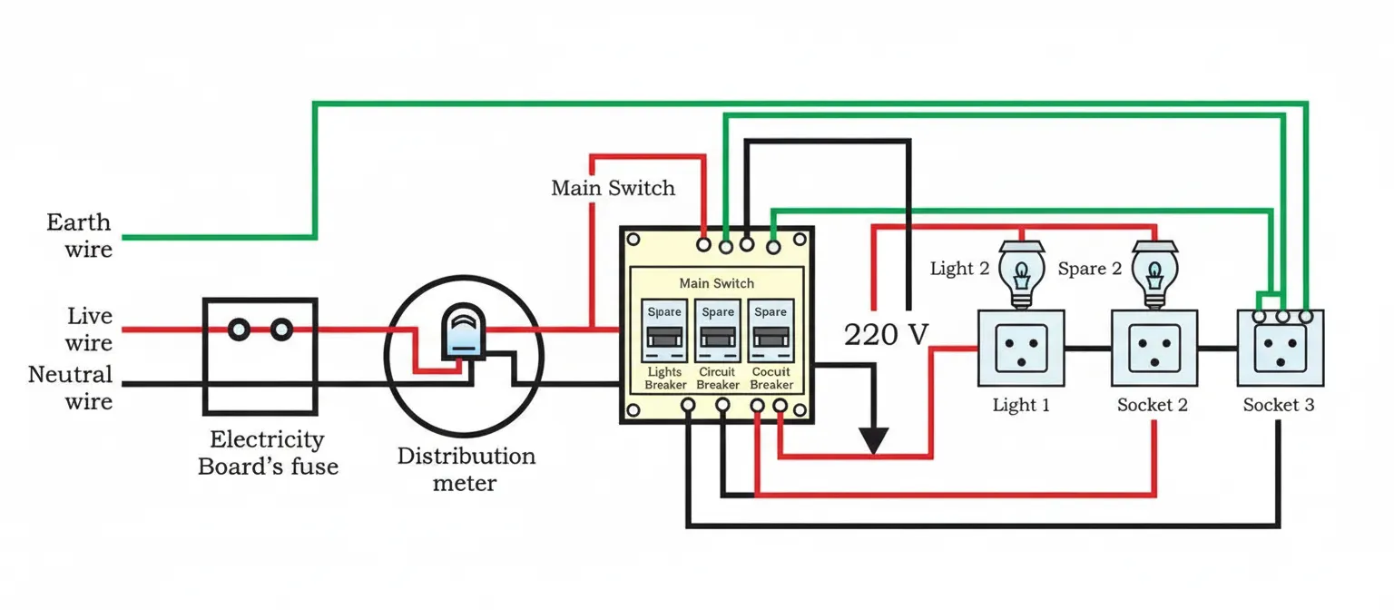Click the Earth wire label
pyautogui.click(x=79, y=235)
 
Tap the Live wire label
pyautogui.click(x=89, y=330)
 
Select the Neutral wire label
pyautogui.click(x=71, y=388)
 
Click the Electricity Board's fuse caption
pyautogui.click(x=268, y=453)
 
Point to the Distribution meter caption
pyautogui.click(x=466, y=468)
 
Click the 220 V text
pyautogui.click(x=887, y=335)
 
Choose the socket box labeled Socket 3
pyautogui.click(x=1281, y=349)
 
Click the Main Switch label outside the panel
pyautogui.click(x=614, y=189)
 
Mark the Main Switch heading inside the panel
pyautogui.click(x=716, y=283)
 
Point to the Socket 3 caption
pyautogui.click(x=1278, y=405)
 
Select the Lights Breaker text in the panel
pyautogui.click(x=665, y=379)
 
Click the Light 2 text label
pyautogui.click(x=959, y=269)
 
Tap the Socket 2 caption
pyautogui.click(x=1152, y=405)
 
